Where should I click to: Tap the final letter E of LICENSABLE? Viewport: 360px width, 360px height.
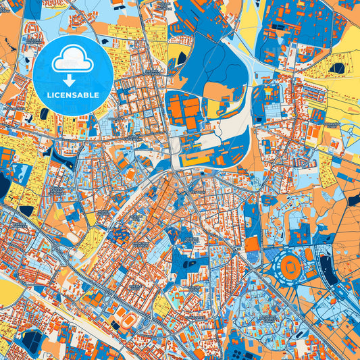coord(98,95)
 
